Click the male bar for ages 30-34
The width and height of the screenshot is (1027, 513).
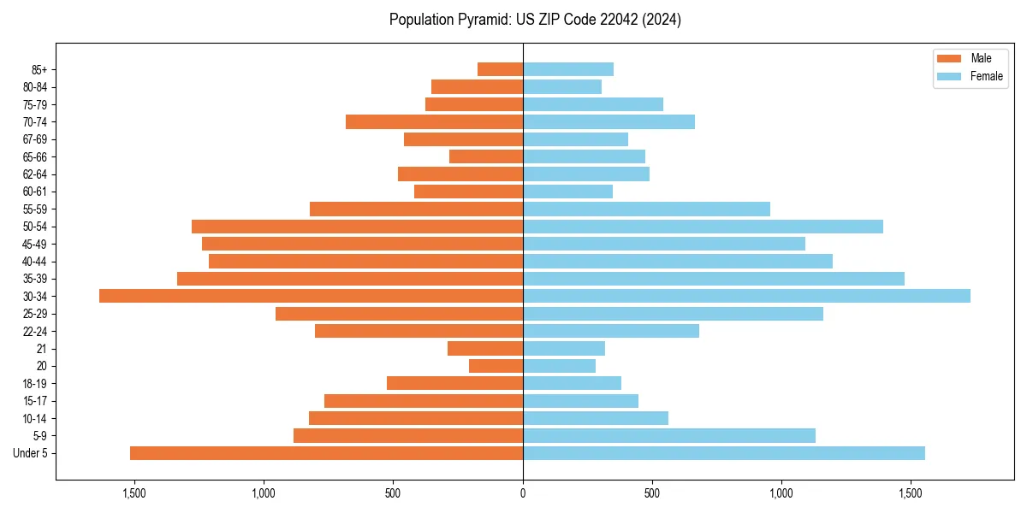coord(311,296)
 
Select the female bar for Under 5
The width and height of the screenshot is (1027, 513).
coord(723,453)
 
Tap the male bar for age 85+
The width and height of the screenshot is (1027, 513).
coord(500,69)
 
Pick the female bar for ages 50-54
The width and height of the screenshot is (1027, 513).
coord(703,227)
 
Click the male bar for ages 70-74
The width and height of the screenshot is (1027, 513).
coord(434,121)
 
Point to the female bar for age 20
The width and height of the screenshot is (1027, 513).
coord(559,366)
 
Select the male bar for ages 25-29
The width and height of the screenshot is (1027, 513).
coord(399,314)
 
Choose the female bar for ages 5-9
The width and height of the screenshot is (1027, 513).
coord(668,435)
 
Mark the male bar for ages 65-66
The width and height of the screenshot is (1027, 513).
coord(485,156)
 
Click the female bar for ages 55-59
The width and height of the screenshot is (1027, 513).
coord(646,209)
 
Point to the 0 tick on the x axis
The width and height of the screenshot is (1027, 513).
coord(523,493)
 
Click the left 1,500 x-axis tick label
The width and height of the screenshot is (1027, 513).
coord(134,493)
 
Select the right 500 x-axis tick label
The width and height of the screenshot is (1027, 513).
coord(652,493)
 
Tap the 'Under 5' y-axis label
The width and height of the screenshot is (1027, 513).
coord(30,453)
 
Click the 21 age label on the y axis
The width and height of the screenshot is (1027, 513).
coord(41,349)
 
